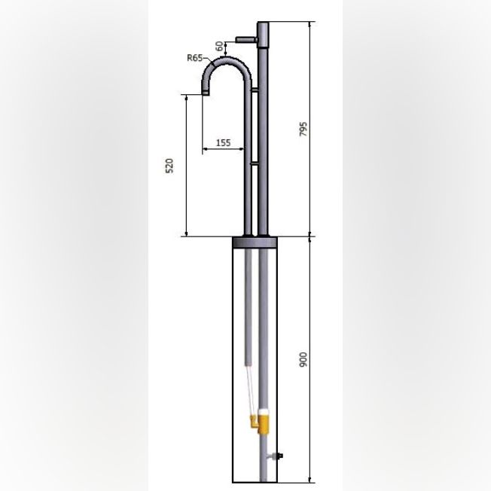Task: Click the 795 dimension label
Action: (303, 129)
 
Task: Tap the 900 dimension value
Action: (303, 359)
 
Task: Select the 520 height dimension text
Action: (169, 166)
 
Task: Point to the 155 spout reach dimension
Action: (223, 143)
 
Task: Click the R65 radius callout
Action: (194, 58)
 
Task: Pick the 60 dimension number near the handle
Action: (220, 46)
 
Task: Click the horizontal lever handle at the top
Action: (247, 40)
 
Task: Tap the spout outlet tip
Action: (206, 93)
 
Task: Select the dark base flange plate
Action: (255, 242)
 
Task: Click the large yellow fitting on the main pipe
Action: (264, 425)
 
